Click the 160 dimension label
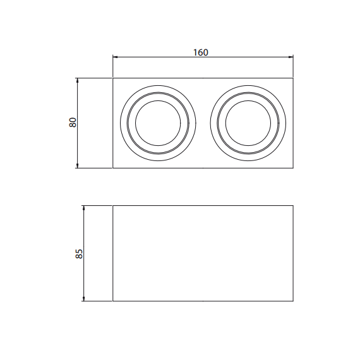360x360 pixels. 201,52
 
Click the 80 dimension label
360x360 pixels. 73,123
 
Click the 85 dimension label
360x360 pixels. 79,254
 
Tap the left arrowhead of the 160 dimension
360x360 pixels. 115,57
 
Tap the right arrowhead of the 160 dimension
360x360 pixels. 291,57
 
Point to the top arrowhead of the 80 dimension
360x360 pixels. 78,81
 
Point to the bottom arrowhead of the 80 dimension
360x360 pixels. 78,165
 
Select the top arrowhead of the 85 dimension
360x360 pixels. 84,208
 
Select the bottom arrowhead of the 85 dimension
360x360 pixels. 84,299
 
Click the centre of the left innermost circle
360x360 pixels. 158,123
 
